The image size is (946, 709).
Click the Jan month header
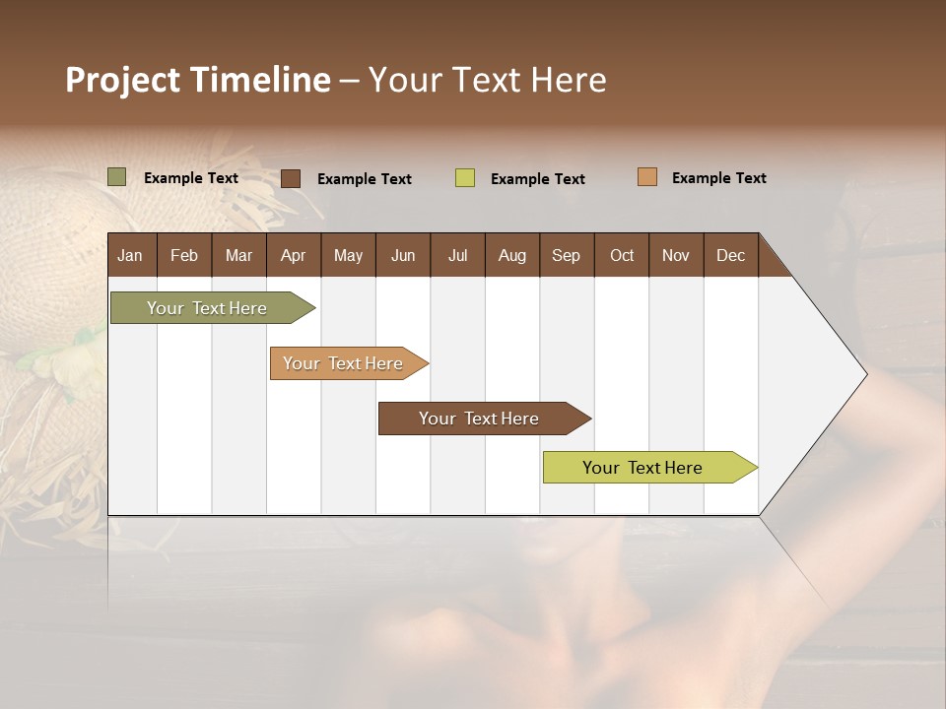coord(130,255)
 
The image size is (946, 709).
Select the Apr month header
coord(294,255)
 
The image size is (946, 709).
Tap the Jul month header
coord(457,255)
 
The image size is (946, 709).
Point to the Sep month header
coord(566,255)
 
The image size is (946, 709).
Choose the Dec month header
coord(730,255)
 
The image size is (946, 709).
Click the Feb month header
coord(184,255)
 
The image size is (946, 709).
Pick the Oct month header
coord(622,255)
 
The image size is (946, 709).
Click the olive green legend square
coord(117,177)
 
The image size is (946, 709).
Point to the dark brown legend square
coord(291,178)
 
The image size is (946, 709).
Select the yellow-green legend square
coord(465,178)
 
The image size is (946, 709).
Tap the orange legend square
coord(646,177)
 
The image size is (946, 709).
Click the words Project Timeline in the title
coord(198,80)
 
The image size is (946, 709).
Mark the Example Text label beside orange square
coord(718,178)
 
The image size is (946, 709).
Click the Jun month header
coord(403,255)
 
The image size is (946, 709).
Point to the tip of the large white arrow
coord(864,374)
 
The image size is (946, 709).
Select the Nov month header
coord(676,255)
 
